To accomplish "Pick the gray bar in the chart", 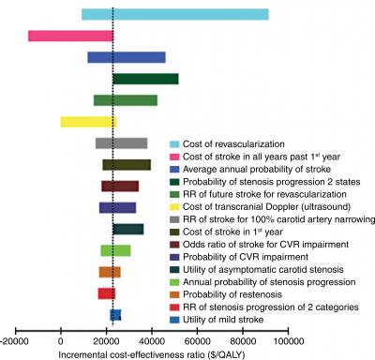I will pyautogui.click(x=121, y=143).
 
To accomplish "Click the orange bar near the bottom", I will pyautogui.click(x=110, y=272).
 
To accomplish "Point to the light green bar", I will pyautogui.click(x=115, y=250).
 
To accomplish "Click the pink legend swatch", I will pyautogui.click(x=173, y=154).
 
